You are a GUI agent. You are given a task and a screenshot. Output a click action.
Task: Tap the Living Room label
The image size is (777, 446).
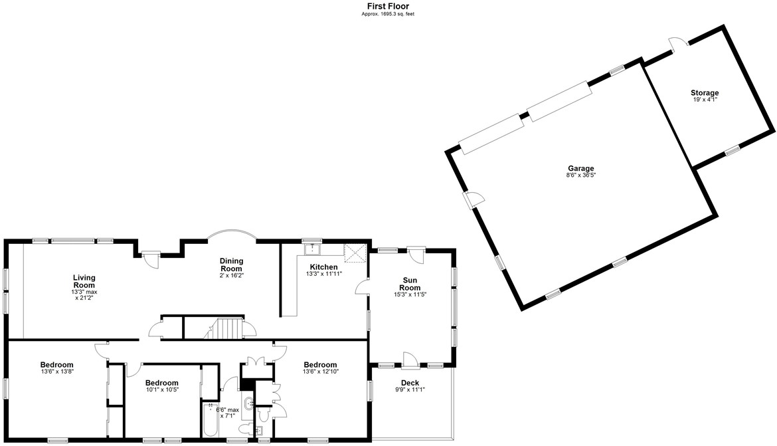point(84,281)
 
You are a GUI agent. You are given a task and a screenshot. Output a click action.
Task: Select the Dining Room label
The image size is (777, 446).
point(231,264)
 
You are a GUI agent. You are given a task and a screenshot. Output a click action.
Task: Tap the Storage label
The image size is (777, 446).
point(704,93)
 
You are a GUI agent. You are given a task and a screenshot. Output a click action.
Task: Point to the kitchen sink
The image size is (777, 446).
point(311,250)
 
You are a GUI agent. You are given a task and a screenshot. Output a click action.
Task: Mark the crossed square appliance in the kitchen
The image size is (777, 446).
point(355,253)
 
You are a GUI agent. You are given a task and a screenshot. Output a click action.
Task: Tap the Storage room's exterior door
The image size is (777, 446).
point(679,44)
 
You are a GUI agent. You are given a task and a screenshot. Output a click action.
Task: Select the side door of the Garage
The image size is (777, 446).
point(474,199)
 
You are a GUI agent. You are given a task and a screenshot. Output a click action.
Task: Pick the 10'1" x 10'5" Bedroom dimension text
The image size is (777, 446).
point(161,391)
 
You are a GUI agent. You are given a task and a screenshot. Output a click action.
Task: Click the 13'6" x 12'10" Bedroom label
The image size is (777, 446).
point(320,365)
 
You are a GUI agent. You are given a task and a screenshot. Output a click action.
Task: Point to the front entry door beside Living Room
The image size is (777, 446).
point(151,257)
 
